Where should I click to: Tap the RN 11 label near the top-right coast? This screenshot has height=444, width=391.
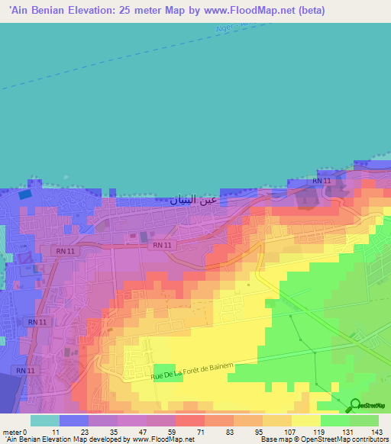click(x=322, y=181)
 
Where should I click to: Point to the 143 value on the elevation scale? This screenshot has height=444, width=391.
click(x=376, y=432)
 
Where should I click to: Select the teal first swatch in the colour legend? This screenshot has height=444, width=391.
click(x=44, y=420)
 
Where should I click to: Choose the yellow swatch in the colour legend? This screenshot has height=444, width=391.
click(x=305, y=420)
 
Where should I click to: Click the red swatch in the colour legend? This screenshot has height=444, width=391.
click(x=189, y=420)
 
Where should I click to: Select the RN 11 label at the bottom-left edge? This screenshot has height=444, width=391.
click(x=24, y=371)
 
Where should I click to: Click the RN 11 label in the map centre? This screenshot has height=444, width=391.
click(x=162, y=245)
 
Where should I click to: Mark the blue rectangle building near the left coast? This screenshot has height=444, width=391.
click(x=26, y=193)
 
